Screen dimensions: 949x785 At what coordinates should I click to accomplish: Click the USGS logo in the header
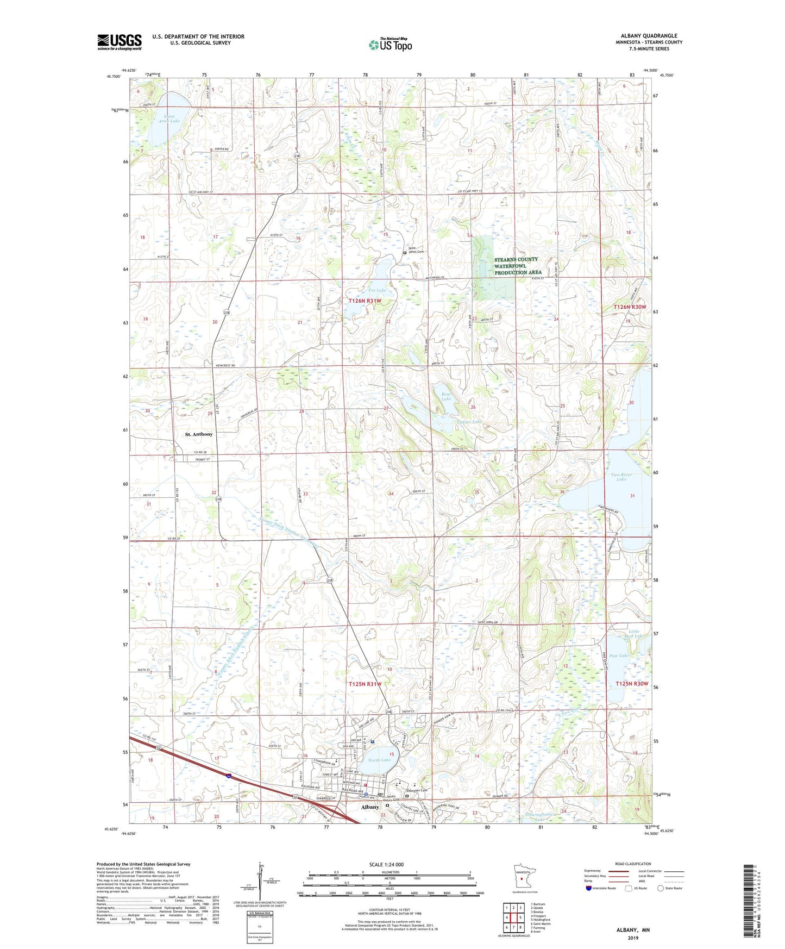coord(119,41)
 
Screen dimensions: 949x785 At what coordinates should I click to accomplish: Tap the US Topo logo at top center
coord(390,45)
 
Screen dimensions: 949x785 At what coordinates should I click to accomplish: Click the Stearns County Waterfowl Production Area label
coord(517,266)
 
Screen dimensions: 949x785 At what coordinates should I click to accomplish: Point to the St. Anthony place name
coord(199,434)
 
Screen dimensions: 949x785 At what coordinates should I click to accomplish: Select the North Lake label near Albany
coord(379,760)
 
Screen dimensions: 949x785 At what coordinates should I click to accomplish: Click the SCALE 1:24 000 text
coord(386,864)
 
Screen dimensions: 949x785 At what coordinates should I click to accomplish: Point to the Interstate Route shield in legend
coord(590,888)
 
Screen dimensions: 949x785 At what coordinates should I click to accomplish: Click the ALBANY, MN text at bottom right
coord(633,930)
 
